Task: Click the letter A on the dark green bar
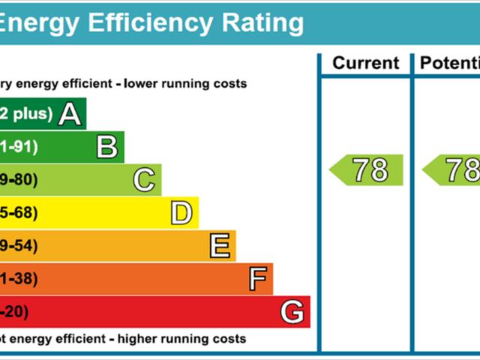69,114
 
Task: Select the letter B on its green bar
107,147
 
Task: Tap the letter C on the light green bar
144,180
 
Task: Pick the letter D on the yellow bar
181,214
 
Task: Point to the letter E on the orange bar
219,246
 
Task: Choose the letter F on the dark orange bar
257,279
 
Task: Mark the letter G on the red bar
292,311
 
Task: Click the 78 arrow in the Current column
367,170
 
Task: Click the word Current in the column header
365,63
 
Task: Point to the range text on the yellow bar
18,214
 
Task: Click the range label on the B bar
18,147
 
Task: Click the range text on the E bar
18,246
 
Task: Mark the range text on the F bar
18,279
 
